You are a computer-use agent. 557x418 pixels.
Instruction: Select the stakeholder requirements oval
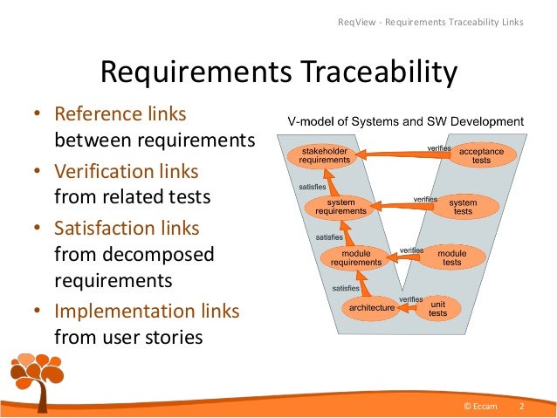coord(324,155)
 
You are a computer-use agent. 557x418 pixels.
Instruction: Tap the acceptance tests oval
coord(481,155)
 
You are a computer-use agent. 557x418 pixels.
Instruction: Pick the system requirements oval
coord(334,207)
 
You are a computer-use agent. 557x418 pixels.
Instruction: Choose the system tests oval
coord(464,207)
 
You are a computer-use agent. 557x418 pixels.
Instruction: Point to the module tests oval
coord(451,257)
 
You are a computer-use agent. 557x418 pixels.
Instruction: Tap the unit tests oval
coord(437,308)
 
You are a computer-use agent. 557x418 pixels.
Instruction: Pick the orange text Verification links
coord(127,171)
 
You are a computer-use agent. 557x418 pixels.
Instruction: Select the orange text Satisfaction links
coord(127,228)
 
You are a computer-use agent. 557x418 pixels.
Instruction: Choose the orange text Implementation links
coord(147,311)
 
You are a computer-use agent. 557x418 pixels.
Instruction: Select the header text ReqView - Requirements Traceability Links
coord(430,21)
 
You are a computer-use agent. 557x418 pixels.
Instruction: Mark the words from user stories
coord(127,338)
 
